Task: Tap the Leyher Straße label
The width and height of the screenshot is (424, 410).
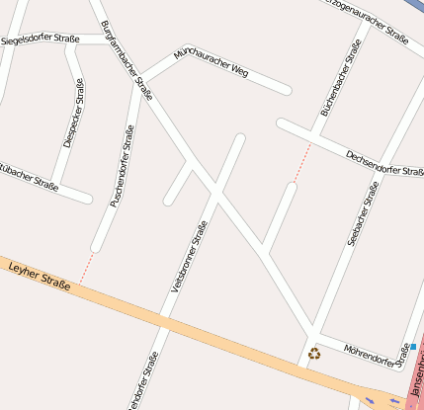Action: click(x=39, y=276)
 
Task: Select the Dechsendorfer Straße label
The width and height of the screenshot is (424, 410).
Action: click(x=384, y=163)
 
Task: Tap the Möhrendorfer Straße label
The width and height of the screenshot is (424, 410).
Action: click(x=377, y=353)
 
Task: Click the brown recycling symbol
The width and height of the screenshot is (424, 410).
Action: click(x=314, y=353)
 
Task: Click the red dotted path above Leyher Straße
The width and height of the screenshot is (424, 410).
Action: click(x=86, y=266)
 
